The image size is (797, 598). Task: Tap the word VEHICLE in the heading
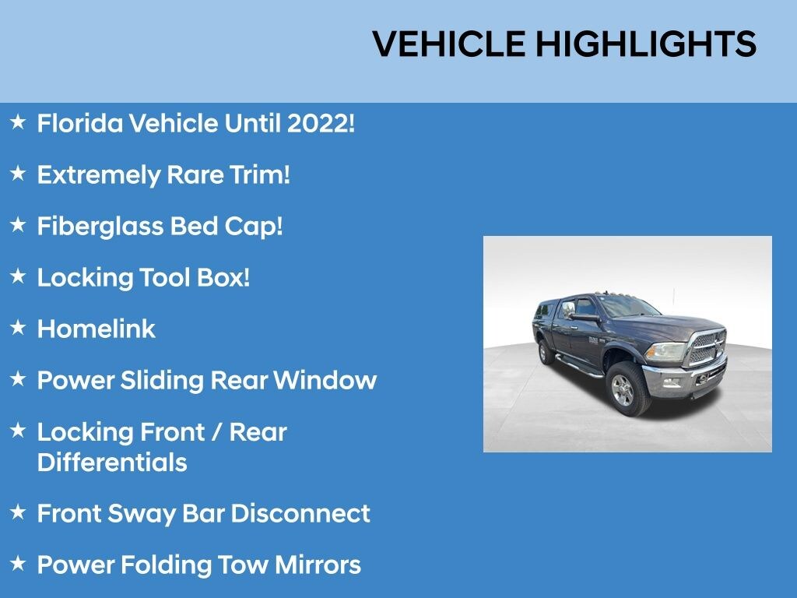coord(448,44)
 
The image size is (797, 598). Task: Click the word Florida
coord(80,124)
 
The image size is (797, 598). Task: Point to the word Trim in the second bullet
coord(256,175)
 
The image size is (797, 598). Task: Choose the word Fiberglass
coord(100,227)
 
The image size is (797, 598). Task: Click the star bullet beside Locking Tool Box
coord(18,276)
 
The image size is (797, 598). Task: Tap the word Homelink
coord(96,329)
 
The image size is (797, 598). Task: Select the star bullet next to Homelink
coord(18,328)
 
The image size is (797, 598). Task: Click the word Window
coord(325,380)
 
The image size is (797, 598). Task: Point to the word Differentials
coord(112,463)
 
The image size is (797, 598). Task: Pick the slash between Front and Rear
coord(217,432)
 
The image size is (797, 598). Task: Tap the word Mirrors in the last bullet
coord(318,565)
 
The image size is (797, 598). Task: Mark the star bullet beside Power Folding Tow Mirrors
coord(18,563)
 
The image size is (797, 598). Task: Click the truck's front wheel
coord(628,388)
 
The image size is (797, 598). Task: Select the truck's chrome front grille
coord(707,347)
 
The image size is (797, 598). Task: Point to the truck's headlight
coord(665,351)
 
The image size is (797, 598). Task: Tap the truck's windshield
coord(628,306)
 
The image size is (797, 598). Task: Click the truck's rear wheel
coord(546,351)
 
